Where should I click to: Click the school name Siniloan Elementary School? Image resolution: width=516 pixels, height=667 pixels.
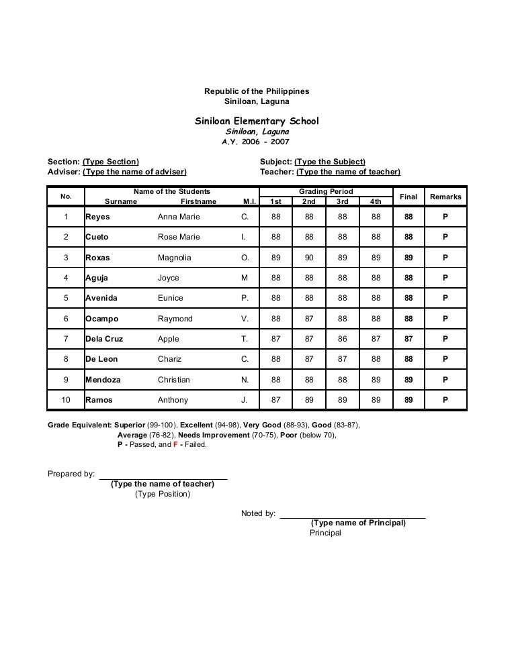click(x=257, y=121)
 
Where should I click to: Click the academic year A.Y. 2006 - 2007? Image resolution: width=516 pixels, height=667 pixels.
click(x=257, y=143)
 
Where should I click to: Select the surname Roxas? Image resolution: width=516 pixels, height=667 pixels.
click(x=97, y=258)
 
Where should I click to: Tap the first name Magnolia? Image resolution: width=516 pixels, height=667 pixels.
click(x=174, y=258)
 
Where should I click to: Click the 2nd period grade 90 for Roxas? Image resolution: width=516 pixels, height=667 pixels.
click(x=309, y=258)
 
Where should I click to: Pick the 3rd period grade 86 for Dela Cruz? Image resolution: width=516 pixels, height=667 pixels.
click(x=343, y=339)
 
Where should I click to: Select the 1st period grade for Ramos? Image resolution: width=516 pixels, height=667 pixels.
click(x=275, y=400)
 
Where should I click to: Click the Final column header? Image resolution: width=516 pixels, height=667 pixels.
click(x=408, y=197)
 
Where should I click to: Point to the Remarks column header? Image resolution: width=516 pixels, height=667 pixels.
click(x=445, y=197)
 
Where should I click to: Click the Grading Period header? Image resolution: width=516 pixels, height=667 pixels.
click(x=326, y=192)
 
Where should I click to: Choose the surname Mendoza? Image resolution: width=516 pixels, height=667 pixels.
click(x=103, y=380)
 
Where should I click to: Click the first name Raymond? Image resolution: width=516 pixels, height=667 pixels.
click(x=175, y=319)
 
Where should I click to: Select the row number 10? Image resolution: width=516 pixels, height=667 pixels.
click(x=66, y=400)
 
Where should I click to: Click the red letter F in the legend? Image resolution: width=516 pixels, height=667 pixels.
click(x=175, y=444)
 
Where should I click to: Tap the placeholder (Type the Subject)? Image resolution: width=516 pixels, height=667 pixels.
click(x=330, y=162)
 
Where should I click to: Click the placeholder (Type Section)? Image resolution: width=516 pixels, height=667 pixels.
click(x=111, y=162)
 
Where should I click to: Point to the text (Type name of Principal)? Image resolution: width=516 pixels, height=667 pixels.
click(x=358, y=523)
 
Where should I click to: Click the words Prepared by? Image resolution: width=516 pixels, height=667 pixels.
click(x=71, y=474)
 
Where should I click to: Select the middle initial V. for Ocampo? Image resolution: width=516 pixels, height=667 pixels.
click(x=245, y=319)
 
